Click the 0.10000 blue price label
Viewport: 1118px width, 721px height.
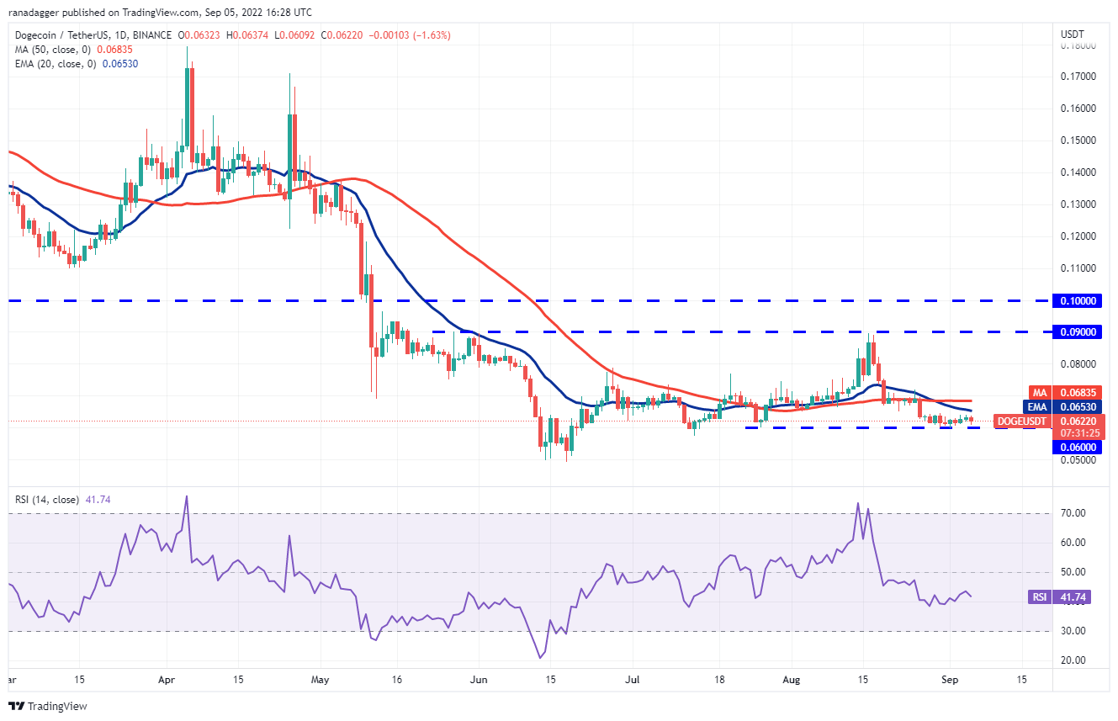(1079, 300)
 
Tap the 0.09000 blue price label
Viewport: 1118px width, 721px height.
(1079, 332)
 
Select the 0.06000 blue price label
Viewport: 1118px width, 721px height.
(1079, 447)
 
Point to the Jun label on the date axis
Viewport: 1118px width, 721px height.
(479, 678)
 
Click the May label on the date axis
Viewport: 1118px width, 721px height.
(320, 678)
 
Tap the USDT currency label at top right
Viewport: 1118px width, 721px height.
(1073, 34)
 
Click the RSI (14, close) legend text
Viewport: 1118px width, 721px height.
(47, 500)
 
